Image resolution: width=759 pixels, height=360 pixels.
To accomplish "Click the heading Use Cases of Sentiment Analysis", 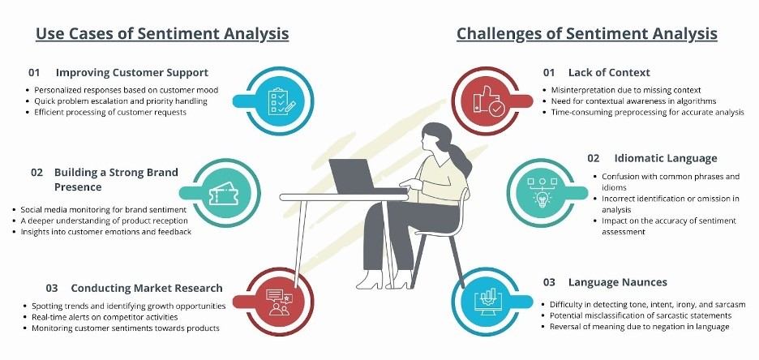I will point(162,34).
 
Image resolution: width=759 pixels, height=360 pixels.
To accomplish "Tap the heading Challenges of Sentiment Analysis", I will point(587,34).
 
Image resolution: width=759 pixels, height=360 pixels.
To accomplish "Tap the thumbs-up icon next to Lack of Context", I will point(485,99).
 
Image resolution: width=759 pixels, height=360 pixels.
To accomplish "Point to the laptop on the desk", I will point(351,173).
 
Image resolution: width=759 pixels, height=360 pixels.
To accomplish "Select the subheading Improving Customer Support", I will point(131,72).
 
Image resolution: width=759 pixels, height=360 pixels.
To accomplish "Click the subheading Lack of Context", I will point(609,72).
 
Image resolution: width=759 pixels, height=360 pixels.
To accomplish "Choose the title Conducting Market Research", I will point(146,288).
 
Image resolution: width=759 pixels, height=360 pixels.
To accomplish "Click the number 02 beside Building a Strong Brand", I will point(37,173).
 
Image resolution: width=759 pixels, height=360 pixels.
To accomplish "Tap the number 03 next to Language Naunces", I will point(549,282).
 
